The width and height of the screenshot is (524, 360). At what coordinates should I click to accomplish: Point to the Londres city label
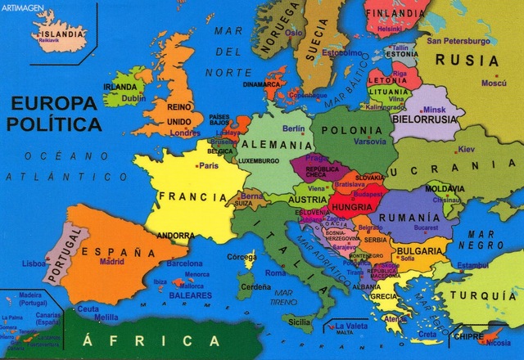pyautogui.click(x=186, y=133)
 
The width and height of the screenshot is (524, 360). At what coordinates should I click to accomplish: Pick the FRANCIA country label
pyautogui.click(x=193, y=196)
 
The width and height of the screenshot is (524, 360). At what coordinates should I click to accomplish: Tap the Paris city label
pyautogui.click(x=210, y=165)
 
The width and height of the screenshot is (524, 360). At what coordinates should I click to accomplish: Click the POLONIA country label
pyautogui.click(x=352, y=130)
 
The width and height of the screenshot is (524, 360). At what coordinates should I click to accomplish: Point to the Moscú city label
pyautogui.click(x=494, y=83)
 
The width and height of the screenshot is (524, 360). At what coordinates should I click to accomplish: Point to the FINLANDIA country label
pyautogui.click(x=395, y=13)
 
